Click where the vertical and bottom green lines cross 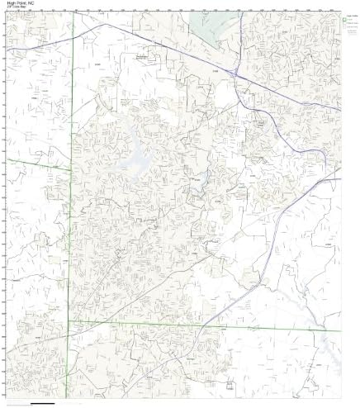pos(69,320)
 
